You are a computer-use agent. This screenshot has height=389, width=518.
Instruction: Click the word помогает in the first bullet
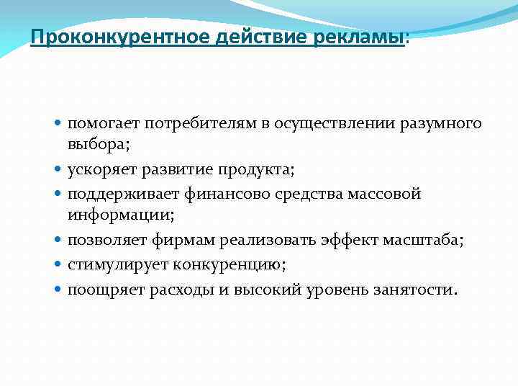pyautogui.click(x=103, y=125)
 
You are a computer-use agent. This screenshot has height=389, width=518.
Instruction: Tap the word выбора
pyautogui.click(x=98, y=144)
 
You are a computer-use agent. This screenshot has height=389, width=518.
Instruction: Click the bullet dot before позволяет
pyautogui.click(x=59, y=241)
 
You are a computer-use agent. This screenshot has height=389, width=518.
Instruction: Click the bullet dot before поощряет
pyautogui.click(x=59, y=290)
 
